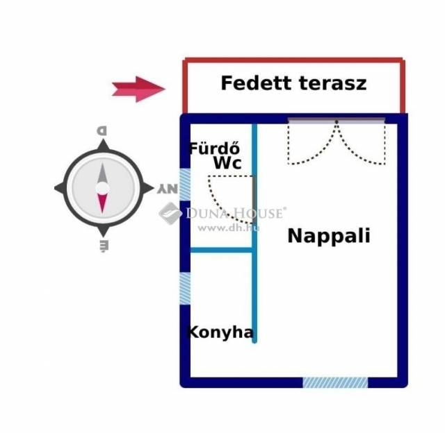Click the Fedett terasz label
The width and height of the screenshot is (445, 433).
click(293, 84)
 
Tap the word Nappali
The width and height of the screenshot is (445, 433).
click(329, 236)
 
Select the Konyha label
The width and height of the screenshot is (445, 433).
click(221, 332)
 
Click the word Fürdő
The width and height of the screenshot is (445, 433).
click(215, 148)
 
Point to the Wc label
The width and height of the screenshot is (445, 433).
click(227, 164)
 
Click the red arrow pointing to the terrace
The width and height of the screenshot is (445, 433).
click(138, 88)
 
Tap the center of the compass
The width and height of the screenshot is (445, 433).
click(102, 188)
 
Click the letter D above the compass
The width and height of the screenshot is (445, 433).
click(102, 130)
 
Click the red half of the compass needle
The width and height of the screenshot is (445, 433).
click(102, 202)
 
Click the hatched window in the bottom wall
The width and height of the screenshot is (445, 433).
click(335, 382)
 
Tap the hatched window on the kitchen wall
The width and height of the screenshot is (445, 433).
click(185, 289)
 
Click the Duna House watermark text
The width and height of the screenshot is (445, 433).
click(234, 213)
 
